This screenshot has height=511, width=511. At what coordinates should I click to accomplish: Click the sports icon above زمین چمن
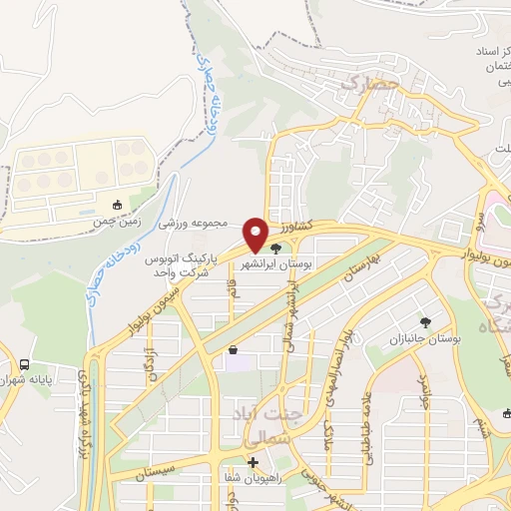click(x=118, y=205)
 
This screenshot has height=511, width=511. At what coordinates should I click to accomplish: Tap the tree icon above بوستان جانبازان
click(x=426, y=322)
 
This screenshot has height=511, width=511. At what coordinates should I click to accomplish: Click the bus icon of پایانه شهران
click(x=24, y=366)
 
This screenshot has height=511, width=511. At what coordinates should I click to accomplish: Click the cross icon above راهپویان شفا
click(x=253, y=463)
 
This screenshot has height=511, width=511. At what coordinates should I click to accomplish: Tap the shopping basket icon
click(x=234, y=350)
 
